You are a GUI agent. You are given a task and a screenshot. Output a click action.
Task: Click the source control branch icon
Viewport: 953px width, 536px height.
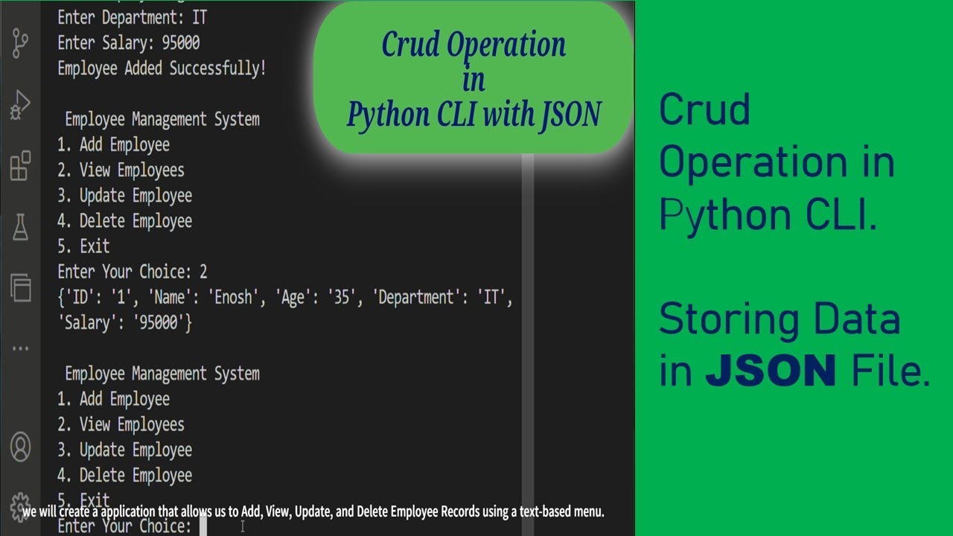point(20,44)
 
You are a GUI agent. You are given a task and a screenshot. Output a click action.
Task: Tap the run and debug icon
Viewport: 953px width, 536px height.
point(20,105)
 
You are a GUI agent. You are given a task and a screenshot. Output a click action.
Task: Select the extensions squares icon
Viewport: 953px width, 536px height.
point(20,166)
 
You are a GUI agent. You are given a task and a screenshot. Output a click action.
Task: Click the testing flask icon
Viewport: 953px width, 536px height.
point(20,227)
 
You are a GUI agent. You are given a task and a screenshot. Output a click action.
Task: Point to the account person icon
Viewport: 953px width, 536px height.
point(20,447)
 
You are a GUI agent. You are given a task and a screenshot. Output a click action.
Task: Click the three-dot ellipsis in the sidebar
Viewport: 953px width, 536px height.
point(20,348)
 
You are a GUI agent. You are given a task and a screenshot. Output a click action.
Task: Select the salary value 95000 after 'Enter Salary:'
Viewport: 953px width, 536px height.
point(181,43)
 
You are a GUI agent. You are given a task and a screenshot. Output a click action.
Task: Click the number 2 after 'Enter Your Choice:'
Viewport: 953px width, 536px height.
point(203,272)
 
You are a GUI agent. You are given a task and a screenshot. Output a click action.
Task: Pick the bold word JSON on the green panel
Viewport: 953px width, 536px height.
point(771,371)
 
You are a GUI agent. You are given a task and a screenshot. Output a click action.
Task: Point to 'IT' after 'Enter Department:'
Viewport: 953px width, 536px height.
point(198,17)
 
